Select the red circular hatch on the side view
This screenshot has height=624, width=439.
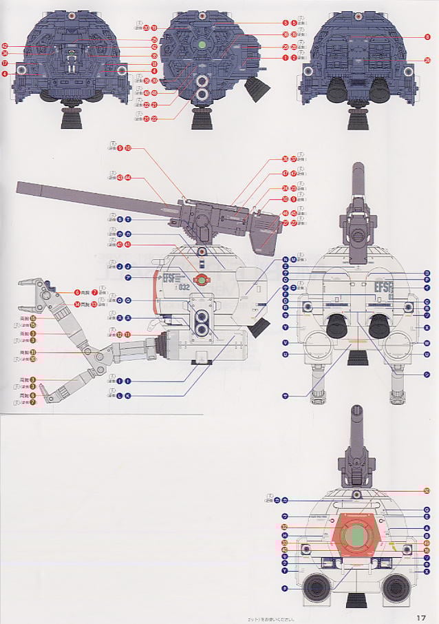tap(201, 280)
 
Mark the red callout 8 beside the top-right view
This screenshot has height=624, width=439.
tap(427, 36)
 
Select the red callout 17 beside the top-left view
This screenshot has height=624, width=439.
tap(5, 63)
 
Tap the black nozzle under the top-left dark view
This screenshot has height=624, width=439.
tap(71, 118)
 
